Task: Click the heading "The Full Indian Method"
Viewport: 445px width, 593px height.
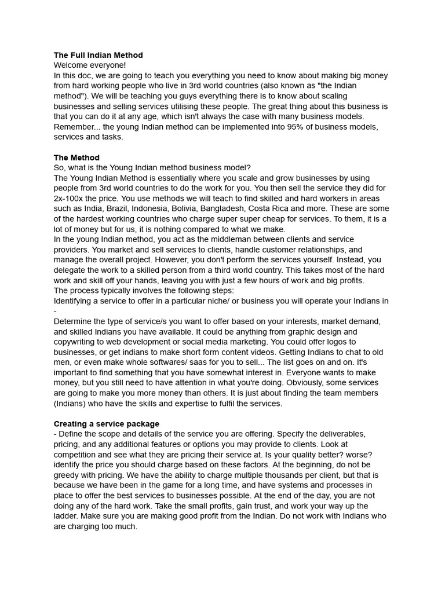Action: click(x=98, y=55)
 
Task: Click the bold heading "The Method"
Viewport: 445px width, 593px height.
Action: click(x=76, y=158)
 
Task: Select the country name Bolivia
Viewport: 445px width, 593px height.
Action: click(x=200, y=208)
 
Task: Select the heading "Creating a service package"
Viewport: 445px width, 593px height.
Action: click(x=107, y=424)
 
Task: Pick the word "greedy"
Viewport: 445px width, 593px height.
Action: click(x=67, y=475)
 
